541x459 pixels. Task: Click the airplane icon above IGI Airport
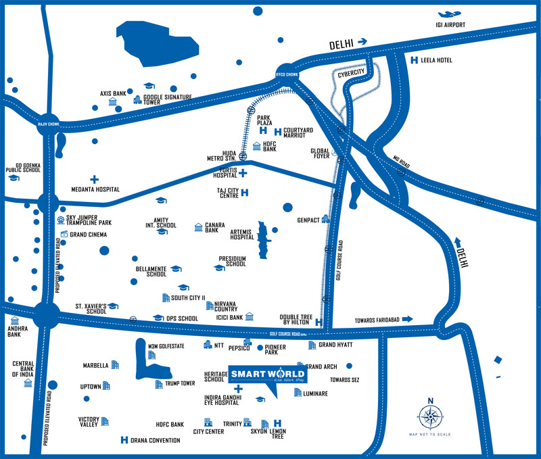coord(450,14)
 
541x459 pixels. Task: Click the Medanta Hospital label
coord(95,190)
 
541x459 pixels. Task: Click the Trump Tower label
coord(179,383)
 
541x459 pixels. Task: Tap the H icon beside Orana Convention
coord(124,440)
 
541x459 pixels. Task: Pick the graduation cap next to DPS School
coord(158,318)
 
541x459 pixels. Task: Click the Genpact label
coord(308,220)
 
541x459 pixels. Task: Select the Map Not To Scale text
coord(430,435)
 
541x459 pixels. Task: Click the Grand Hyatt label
coord(336,345)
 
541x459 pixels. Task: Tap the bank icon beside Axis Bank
coord(112,102)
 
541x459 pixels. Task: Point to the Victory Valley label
coord(89,422)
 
